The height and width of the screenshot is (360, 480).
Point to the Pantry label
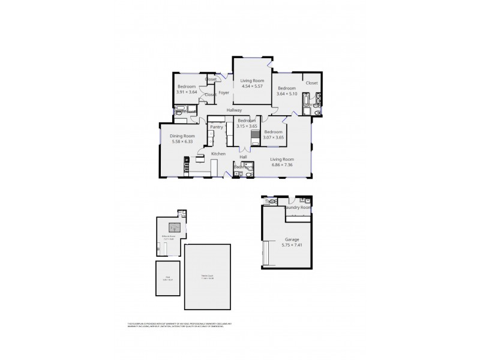click(x=217, y=127)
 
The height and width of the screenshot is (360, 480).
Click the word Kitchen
click(x=218, y=154)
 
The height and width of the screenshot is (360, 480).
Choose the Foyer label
click(x=224, y=93)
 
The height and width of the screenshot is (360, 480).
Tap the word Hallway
click(x=234, y=110)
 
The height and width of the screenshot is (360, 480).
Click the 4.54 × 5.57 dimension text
click(x=253, y=86)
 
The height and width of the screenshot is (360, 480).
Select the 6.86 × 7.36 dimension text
click(x=281, y=164)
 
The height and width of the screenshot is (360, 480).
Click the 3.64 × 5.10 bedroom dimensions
click(x=286, y=94)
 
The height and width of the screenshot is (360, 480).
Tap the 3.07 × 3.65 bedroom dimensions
click(x=273, y=137)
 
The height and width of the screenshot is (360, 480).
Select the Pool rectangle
click(x=167, y=278)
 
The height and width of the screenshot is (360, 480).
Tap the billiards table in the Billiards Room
click(x=175, y=227)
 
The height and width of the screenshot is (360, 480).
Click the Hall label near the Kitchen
click(x=244, y=157)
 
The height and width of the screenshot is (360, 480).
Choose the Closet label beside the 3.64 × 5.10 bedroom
click(x=311, y=83)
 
